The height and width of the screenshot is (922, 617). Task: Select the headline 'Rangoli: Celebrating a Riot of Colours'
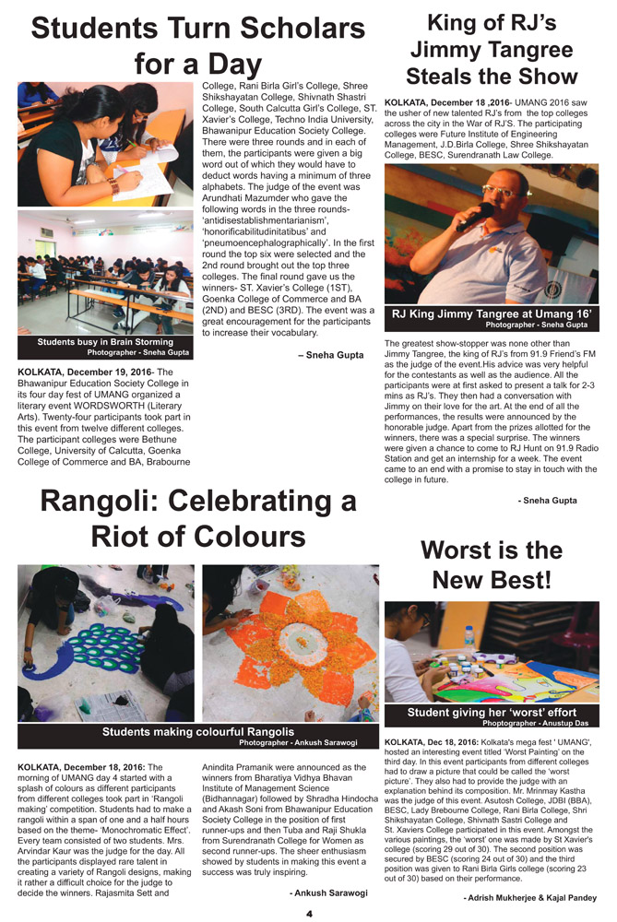tap(197, 518)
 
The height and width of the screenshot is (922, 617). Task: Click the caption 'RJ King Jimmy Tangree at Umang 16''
tap(491, 314)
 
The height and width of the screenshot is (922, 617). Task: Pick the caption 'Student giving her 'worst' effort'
tap(491, 713)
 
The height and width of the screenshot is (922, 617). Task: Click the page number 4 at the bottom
tap(310, 912)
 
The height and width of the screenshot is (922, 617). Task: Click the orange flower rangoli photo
tap(290, 643)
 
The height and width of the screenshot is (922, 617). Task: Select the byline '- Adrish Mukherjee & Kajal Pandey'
tap(529, 897)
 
